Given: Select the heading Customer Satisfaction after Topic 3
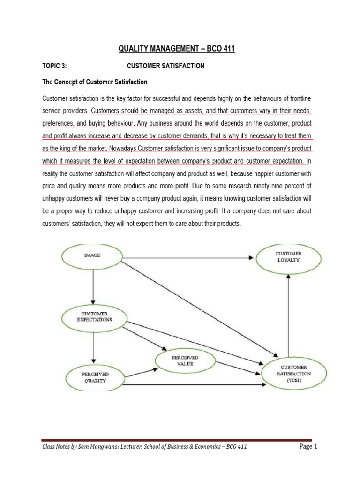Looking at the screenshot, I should click(166, 66).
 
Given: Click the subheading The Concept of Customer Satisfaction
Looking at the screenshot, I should click(95, 82).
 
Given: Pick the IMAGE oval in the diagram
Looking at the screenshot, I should click(92, 255).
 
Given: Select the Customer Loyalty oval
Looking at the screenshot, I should click(288, 259).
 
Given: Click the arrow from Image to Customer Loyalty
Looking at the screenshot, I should click(187, 257).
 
